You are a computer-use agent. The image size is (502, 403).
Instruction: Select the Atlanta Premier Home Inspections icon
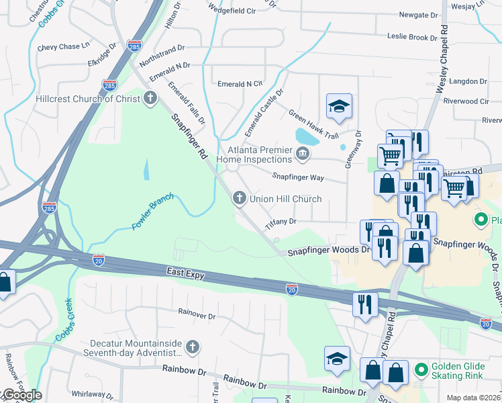pyautogui.click(x=303, y=155)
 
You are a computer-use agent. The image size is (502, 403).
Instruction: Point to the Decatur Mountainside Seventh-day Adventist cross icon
pyautogui.click(x=193, y=347)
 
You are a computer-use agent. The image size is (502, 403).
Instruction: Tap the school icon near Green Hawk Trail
pyautogui.click(x=339, y=106)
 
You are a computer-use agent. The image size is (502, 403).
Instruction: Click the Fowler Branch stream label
pyautogui.click(x=152, y=213)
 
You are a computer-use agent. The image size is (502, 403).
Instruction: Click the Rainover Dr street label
pyautogui.click(x=197, y=314)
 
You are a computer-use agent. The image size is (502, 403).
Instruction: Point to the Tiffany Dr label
pyautogui.click(x=281, y=223)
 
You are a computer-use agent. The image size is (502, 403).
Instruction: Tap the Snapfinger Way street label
pyautogui.click(x=298, y=177)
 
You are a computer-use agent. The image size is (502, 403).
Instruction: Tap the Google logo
pyautogui.click(x=21, y=395)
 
